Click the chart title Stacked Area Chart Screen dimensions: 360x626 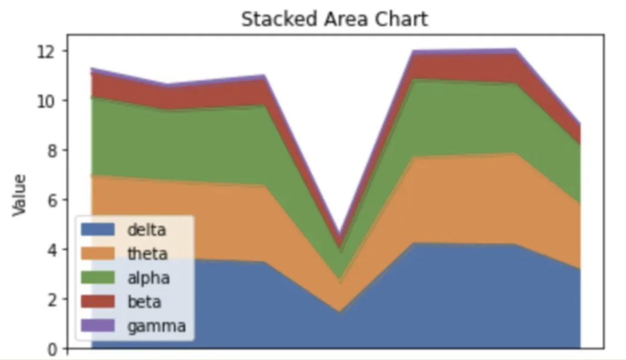coord(334,19)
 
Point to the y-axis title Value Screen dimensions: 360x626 coord(19,195)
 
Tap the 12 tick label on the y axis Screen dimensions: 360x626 coord(47,52)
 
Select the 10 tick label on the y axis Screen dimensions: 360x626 coord(47,101)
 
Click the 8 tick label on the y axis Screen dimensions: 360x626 coord(51,151)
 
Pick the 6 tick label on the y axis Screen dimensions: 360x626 coord(51,201)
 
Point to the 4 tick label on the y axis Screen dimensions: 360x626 coord(51,250)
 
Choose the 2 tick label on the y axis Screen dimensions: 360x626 coord(51,300)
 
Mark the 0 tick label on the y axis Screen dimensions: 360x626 coord(51,349)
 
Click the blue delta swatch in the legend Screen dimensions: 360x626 coord(98,230)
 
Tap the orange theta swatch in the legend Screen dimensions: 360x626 coord(98,254)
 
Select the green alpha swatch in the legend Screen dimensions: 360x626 coord(98,277)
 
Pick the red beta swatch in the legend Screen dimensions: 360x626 coord(98,301)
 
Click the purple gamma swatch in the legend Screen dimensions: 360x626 coord(98,325)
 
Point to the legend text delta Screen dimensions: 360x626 coord(146,230)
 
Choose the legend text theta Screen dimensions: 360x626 coord(148,254)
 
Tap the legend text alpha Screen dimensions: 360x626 coord(148,278)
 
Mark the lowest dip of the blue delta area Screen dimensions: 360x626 coord(340,313)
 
